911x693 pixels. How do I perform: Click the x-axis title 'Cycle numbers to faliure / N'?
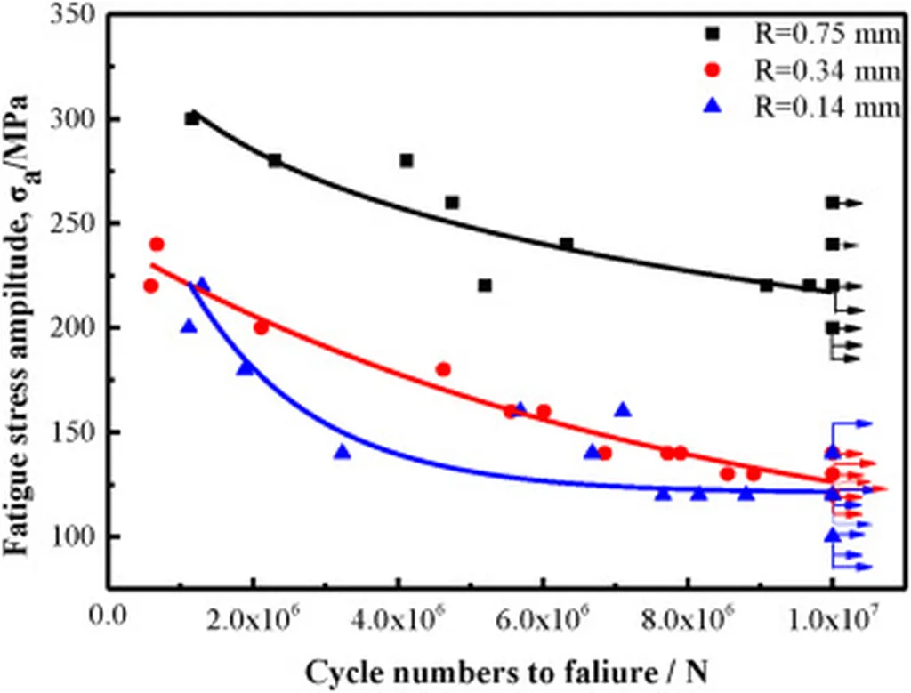coord(506,672)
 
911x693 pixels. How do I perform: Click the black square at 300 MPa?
coord(192,118)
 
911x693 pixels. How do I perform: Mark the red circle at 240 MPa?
coord(157,244)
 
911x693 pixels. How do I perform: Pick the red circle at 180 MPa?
coord(443,369)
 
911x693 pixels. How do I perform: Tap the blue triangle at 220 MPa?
coord(202,285)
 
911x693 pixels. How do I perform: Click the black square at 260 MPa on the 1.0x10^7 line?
coord(832,203)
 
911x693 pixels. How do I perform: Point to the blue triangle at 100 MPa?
coord(832,536)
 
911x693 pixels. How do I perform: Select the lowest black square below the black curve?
coord(484,286)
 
